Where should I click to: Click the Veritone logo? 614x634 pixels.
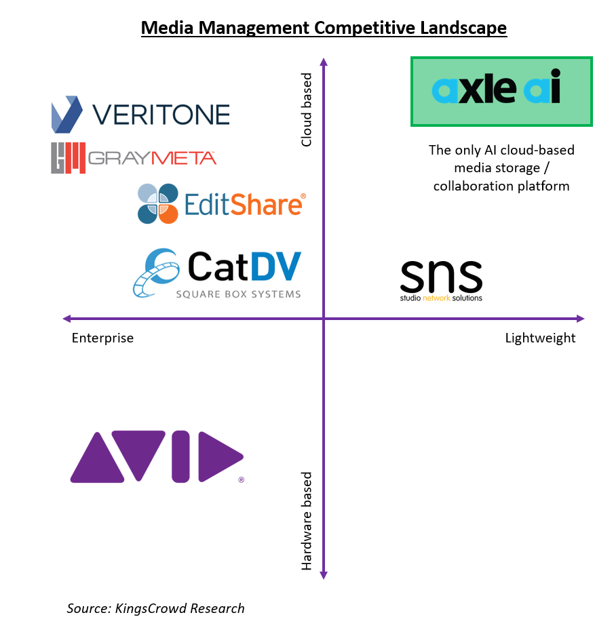pyautogui.click(x=140, y=114)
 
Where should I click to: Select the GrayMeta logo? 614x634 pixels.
pyautogui.click(x=134, y=157)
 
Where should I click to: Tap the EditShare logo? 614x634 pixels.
pyautogui.click(x=221, y=204)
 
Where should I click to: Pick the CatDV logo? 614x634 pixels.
pyautogui.click(x=217, y=273)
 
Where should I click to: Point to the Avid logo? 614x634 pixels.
pyautogui.click(x=157, y=456)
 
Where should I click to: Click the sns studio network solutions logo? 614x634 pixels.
pyautogui.click(x=441, y=280)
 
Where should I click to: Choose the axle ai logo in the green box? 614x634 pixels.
pyautogui.click(x=501, y=92)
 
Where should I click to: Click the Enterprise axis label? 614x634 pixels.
pyautogui.click(x=102, y=338)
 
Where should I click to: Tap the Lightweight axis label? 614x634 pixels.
pyautogui.click(x=540, y=338)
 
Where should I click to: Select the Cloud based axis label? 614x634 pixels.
pyautogui.click(x=307, y=111)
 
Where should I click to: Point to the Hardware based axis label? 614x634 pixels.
pyautogui.click(x=307, y=521)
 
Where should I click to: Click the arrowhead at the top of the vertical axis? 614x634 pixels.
pyautogui.click(x=324, y=63)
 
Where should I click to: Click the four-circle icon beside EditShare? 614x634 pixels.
pyautogui.click(x=158, y=203)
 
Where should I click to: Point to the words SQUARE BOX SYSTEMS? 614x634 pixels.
pyautogui.click(x=238, y=294)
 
